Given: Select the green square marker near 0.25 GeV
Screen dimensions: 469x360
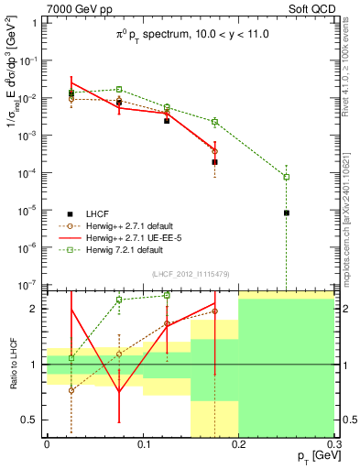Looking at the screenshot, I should coord(287,177).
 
